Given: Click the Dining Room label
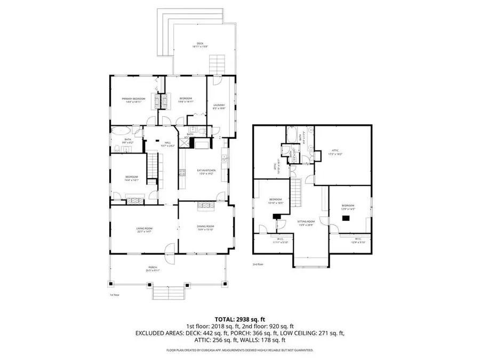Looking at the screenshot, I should click(205, 228).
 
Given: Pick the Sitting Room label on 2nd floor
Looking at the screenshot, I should click(306, 222).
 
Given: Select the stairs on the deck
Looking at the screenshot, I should click(215, 66).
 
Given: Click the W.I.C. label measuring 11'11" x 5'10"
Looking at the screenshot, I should click(279, 241).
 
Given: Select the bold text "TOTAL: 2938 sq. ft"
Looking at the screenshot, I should click(239, 318).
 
